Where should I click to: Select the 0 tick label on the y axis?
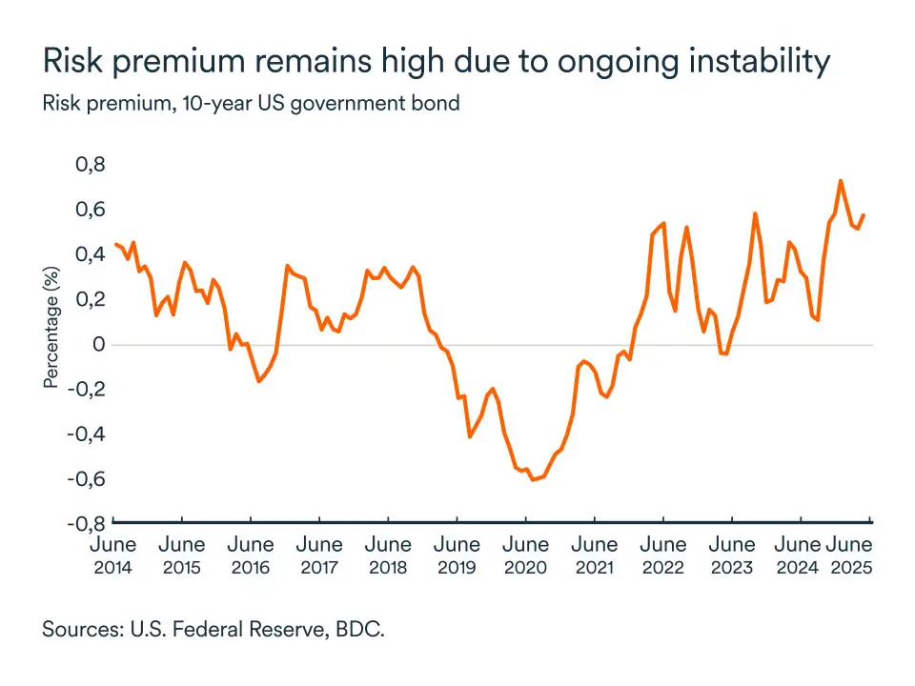pyautogui.click(x=96, y=344)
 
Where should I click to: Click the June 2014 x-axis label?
pyautogui.click(x=113, y=555)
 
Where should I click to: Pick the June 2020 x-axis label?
pyautogui.click(x=525, y=555)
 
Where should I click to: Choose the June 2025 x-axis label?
pyautogui.click(x=848, y=555)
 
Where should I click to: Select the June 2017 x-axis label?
pyautogui.click(x=319, y=555)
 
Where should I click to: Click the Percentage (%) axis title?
pyautogui.click(x=51, y=328)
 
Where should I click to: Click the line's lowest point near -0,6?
pyautogui.click(x=533, y=479)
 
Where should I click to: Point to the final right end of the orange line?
pyautogui.click(x=864, y=215)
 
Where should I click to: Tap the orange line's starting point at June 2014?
pyautogui.click(x=115, y=245)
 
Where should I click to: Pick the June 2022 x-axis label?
pyautogui.click(x=662, y=555)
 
